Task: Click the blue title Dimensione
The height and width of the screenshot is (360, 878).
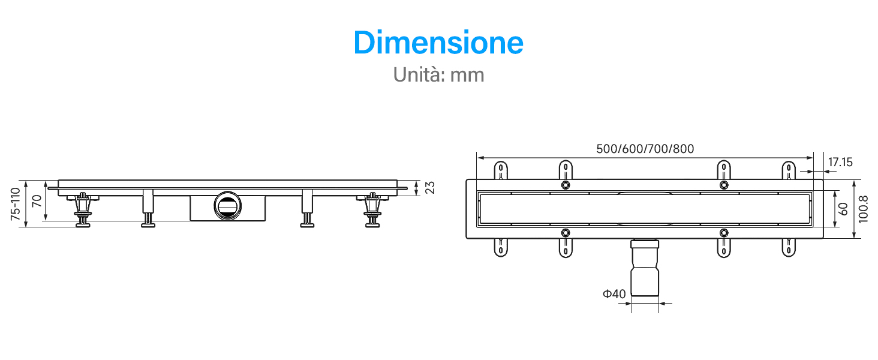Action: [438, 43]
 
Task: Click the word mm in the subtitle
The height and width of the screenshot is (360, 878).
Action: [467, 75]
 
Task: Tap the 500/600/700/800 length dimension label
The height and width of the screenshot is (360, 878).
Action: [645, 149]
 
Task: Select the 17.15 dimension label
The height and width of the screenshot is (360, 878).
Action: [840, 162]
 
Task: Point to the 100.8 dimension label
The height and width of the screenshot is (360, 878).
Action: [863, 209]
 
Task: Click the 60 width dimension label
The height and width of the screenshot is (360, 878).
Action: [843, 209]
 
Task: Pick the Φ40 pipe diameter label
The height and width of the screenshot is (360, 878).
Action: [614, 294]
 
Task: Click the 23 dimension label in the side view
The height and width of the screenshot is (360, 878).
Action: [430, 187]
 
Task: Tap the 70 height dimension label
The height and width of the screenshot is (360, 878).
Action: [37, 201]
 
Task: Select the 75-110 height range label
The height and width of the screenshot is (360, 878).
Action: [15, 204]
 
